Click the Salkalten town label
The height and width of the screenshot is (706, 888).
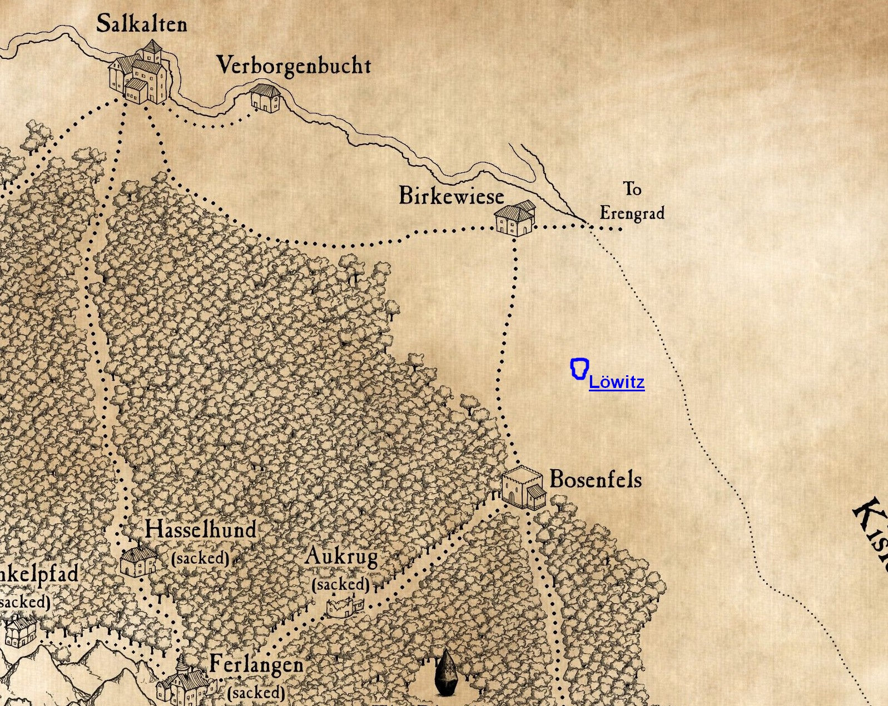click(x=141, y=24)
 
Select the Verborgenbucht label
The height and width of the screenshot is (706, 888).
click(x=293, y=66)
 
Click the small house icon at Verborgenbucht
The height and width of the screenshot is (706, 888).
click(x=264, y=98)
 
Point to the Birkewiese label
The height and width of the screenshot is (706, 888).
click(x=451, y=196)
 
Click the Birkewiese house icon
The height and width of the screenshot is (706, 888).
click(x=515, y=218)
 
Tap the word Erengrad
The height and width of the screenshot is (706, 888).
click(x=632, y=213)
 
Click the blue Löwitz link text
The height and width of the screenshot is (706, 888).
click(x=617, y=382)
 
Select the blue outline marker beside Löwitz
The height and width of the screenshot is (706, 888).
click(x=579, y=369)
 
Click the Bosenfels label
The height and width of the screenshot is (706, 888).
click(x=595, y=479)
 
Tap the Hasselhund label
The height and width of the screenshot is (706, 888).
click(x=201, y=529)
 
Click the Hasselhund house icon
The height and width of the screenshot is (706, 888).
click(x=139, y=560)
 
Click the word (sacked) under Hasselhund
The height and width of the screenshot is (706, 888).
click(x=200, y=558)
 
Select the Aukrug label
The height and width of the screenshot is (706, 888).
click(x=341, y=556)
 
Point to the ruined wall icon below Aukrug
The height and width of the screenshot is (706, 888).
click(x=344, y=606)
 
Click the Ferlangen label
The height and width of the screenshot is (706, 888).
click(x=256, y=664)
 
